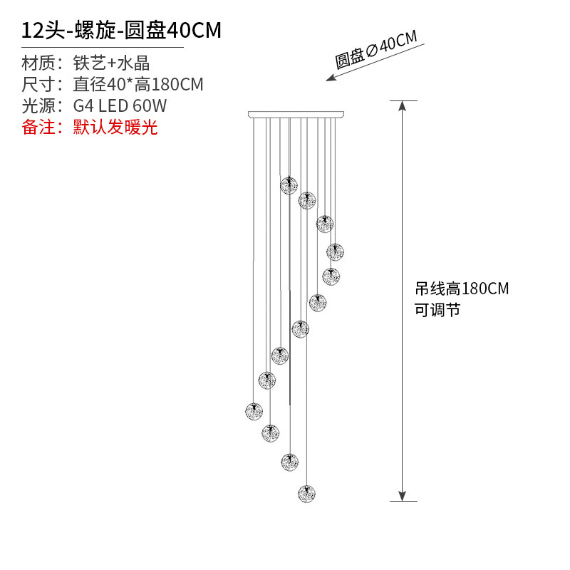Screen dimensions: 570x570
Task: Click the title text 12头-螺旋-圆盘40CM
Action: tap(121, 31)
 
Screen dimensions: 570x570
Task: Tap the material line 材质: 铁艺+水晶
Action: tap(85, 63)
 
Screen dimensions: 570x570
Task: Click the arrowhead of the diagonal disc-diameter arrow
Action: tap(330, 78)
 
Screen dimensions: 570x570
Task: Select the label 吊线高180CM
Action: tap(462, 289)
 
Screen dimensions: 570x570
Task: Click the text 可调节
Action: tap(437, 310)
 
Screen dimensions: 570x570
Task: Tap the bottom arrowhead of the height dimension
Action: tap(403, 496)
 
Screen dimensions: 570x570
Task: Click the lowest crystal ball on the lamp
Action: tap(306, 493)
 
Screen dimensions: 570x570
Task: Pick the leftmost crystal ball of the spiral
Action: tap(254, 411)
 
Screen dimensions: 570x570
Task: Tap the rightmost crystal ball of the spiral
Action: tap(336, 252)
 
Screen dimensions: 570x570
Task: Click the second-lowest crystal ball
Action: tap(289, 461)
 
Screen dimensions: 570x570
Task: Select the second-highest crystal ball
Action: tap(307, 200)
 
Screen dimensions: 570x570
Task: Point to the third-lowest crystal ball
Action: tap(270, 432)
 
